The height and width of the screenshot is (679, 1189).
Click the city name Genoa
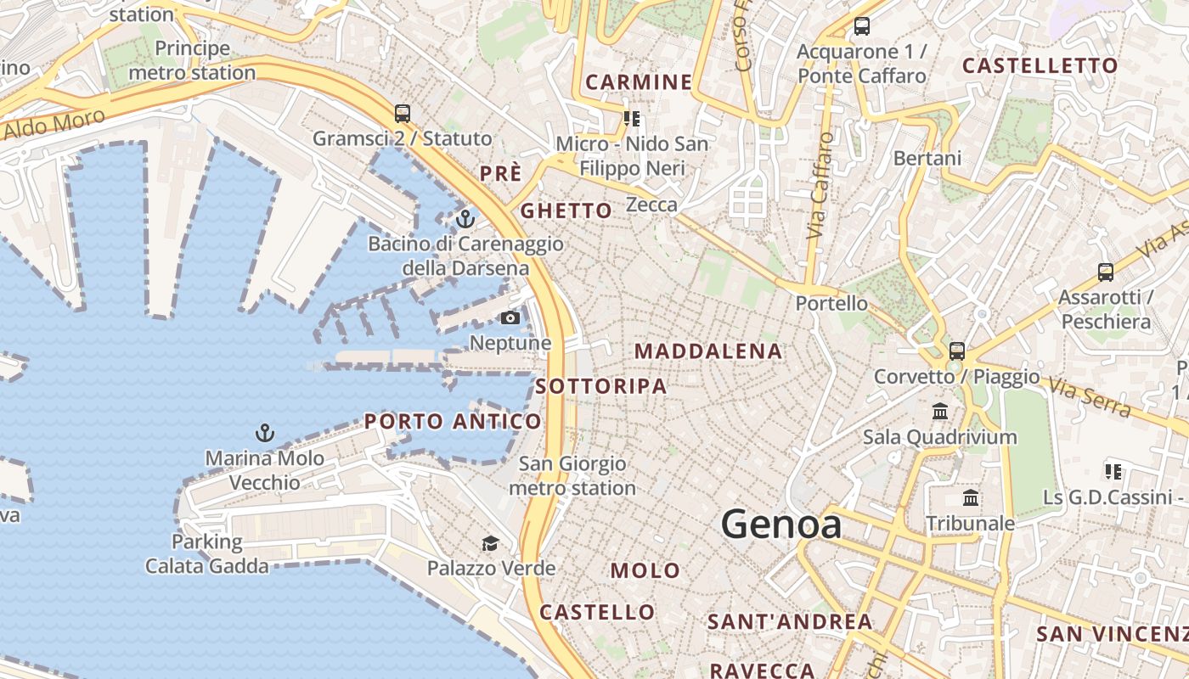click(x=781, y=525)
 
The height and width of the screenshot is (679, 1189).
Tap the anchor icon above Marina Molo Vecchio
click(x=265, y=433)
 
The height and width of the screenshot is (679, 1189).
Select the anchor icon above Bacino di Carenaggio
click(x=465, y=220)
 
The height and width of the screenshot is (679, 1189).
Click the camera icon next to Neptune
click(x=510, y=318)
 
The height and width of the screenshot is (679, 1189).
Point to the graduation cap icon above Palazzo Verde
click(x=490, y=543)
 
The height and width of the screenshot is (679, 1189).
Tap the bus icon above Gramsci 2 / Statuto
click(x=403, y=113)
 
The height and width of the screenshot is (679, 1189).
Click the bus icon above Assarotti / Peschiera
click(x=1105, y=272)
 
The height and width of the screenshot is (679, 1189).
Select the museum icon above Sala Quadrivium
click(x=939, y=412)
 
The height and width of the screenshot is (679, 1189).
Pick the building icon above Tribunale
click(x=971, y=498)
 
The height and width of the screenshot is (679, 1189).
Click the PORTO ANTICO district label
click(x=453, y=421)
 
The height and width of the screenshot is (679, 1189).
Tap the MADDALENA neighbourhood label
click(x=708, y=351)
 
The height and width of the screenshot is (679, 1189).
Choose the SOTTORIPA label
click(x=601, y=386)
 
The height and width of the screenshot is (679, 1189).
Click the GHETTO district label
click(x=566, y=210)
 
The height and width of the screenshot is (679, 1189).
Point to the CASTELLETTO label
click(x=1040, y=65)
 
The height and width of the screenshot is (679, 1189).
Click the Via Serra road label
click(x=1090, y=397)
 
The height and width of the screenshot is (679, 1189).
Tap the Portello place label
click(x=831, y=303)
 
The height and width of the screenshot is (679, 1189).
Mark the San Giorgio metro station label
click(x=572, y=476)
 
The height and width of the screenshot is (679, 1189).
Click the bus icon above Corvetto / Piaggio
click(x=957, y=351)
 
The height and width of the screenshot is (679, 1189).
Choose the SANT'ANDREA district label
click(x=790, y=621)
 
